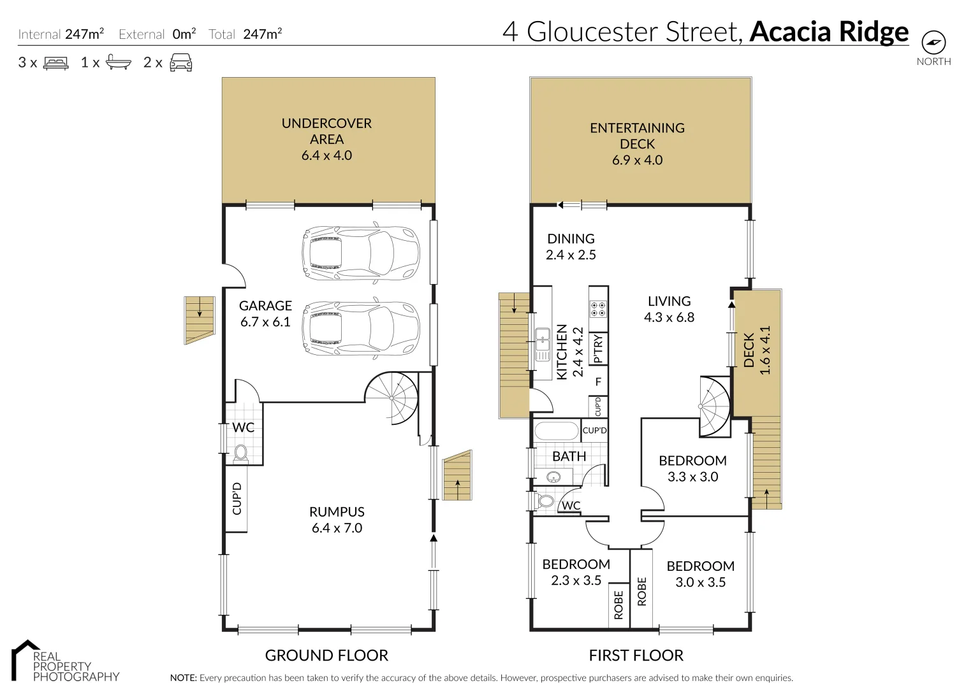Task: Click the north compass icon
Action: (x=933, y=43)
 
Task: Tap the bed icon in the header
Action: (x=55, y=63)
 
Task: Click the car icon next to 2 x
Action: (x=181, y=62)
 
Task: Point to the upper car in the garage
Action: (x=361, y=252)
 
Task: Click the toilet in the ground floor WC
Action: (x=240, y=452)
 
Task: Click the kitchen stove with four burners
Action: (x=598, y=309)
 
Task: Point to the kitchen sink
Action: (x=543, y=345)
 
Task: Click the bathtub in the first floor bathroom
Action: (x=556, y=431)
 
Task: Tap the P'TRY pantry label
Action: (x=598, y=349)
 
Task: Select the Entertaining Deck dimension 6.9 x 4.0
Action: (x=637, y=160)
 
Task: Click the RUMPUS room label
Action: (x=337, y=512)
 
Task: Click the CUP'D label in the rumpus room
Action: (x=237, y=498)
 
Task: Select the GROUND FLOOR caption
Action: (x=326, y=656)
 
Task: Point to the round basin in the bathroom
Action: (x=552, y=477)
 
